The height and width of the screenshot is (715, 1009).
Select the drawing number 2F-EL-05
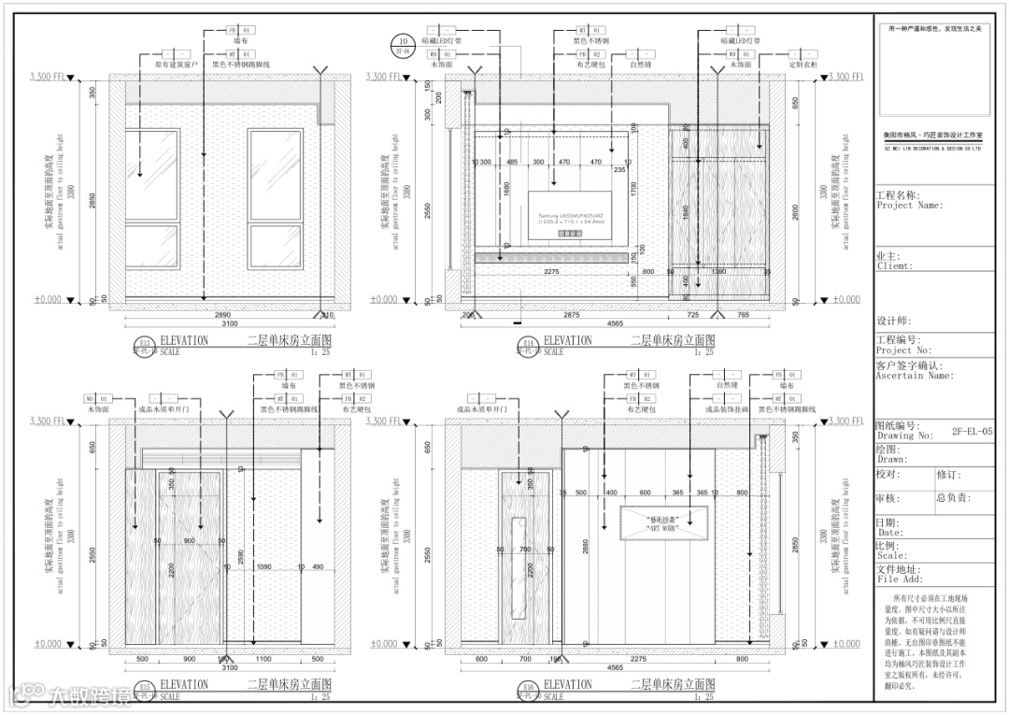pos(973,433)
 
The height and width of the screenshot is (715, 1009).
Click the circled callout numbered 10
pos(403,42)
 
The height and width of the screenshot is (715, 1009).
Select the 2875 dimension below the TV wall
pos(571,318)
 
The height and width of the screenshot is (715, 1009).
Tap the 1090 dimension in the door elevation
pos(264,567)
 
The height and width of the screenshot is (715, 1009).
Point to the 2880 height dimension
pos(585,547)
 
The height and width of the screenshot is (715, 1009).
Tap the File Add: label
pos(899,579)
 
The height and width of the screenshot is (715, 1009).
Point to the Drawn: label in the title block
pos(892,459)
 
